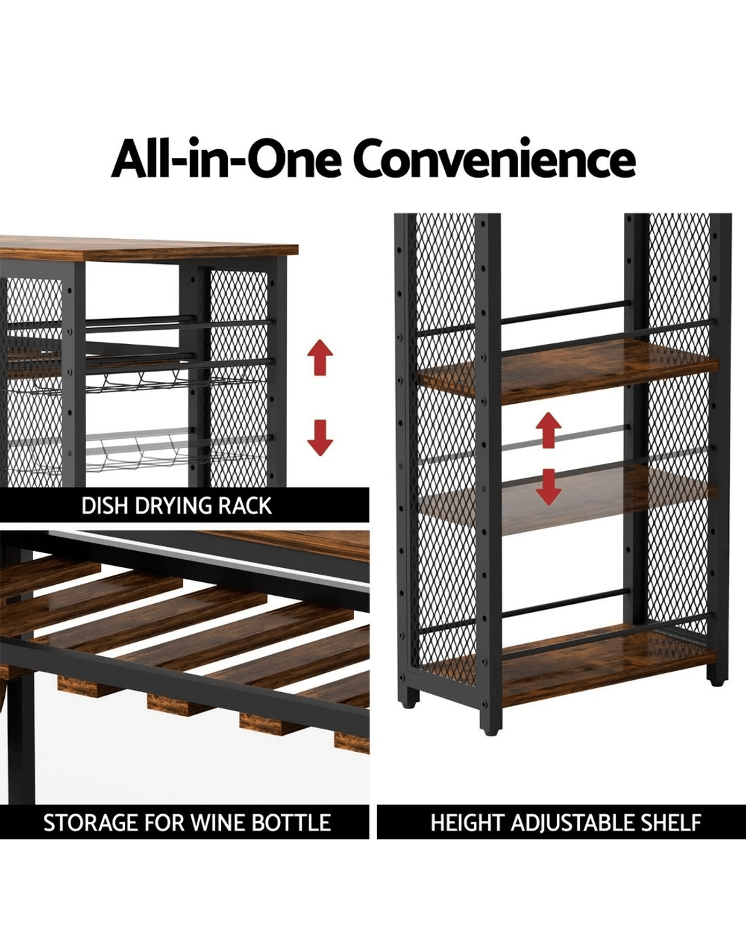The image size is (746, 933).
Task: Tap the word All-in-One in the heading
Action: click(x=227, y=158)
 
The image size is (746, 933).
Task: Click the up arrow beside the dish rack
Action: click(x=320, y=357)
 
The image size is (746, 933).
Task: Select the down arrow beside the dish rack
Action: click(x=320, y=438)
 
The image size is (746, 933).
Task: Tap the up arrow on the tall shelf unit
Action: click(x=549, y=430)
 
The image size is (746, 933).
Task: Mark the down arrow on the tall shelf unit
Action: click(x=549, y=487)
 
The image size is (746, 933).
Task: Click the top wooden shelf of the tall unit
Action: click(x=568, y=371)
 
